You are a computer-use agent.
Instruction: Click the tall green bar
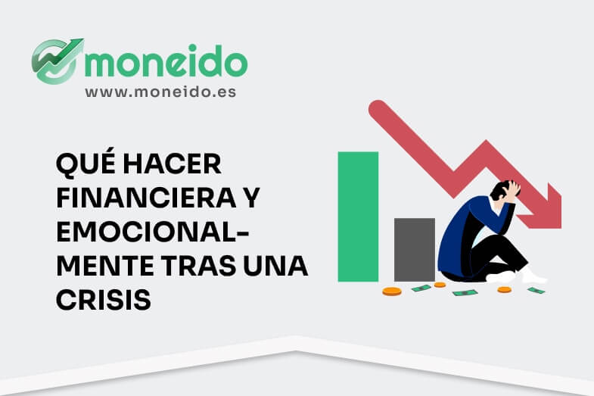[358, 217]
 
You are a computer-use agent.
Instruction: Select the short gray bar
[414, 249]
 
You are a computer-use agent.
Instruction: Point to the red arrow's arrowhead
[543, 208]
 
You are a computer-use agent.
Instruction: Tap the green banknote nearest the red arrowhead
[536, 290]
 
